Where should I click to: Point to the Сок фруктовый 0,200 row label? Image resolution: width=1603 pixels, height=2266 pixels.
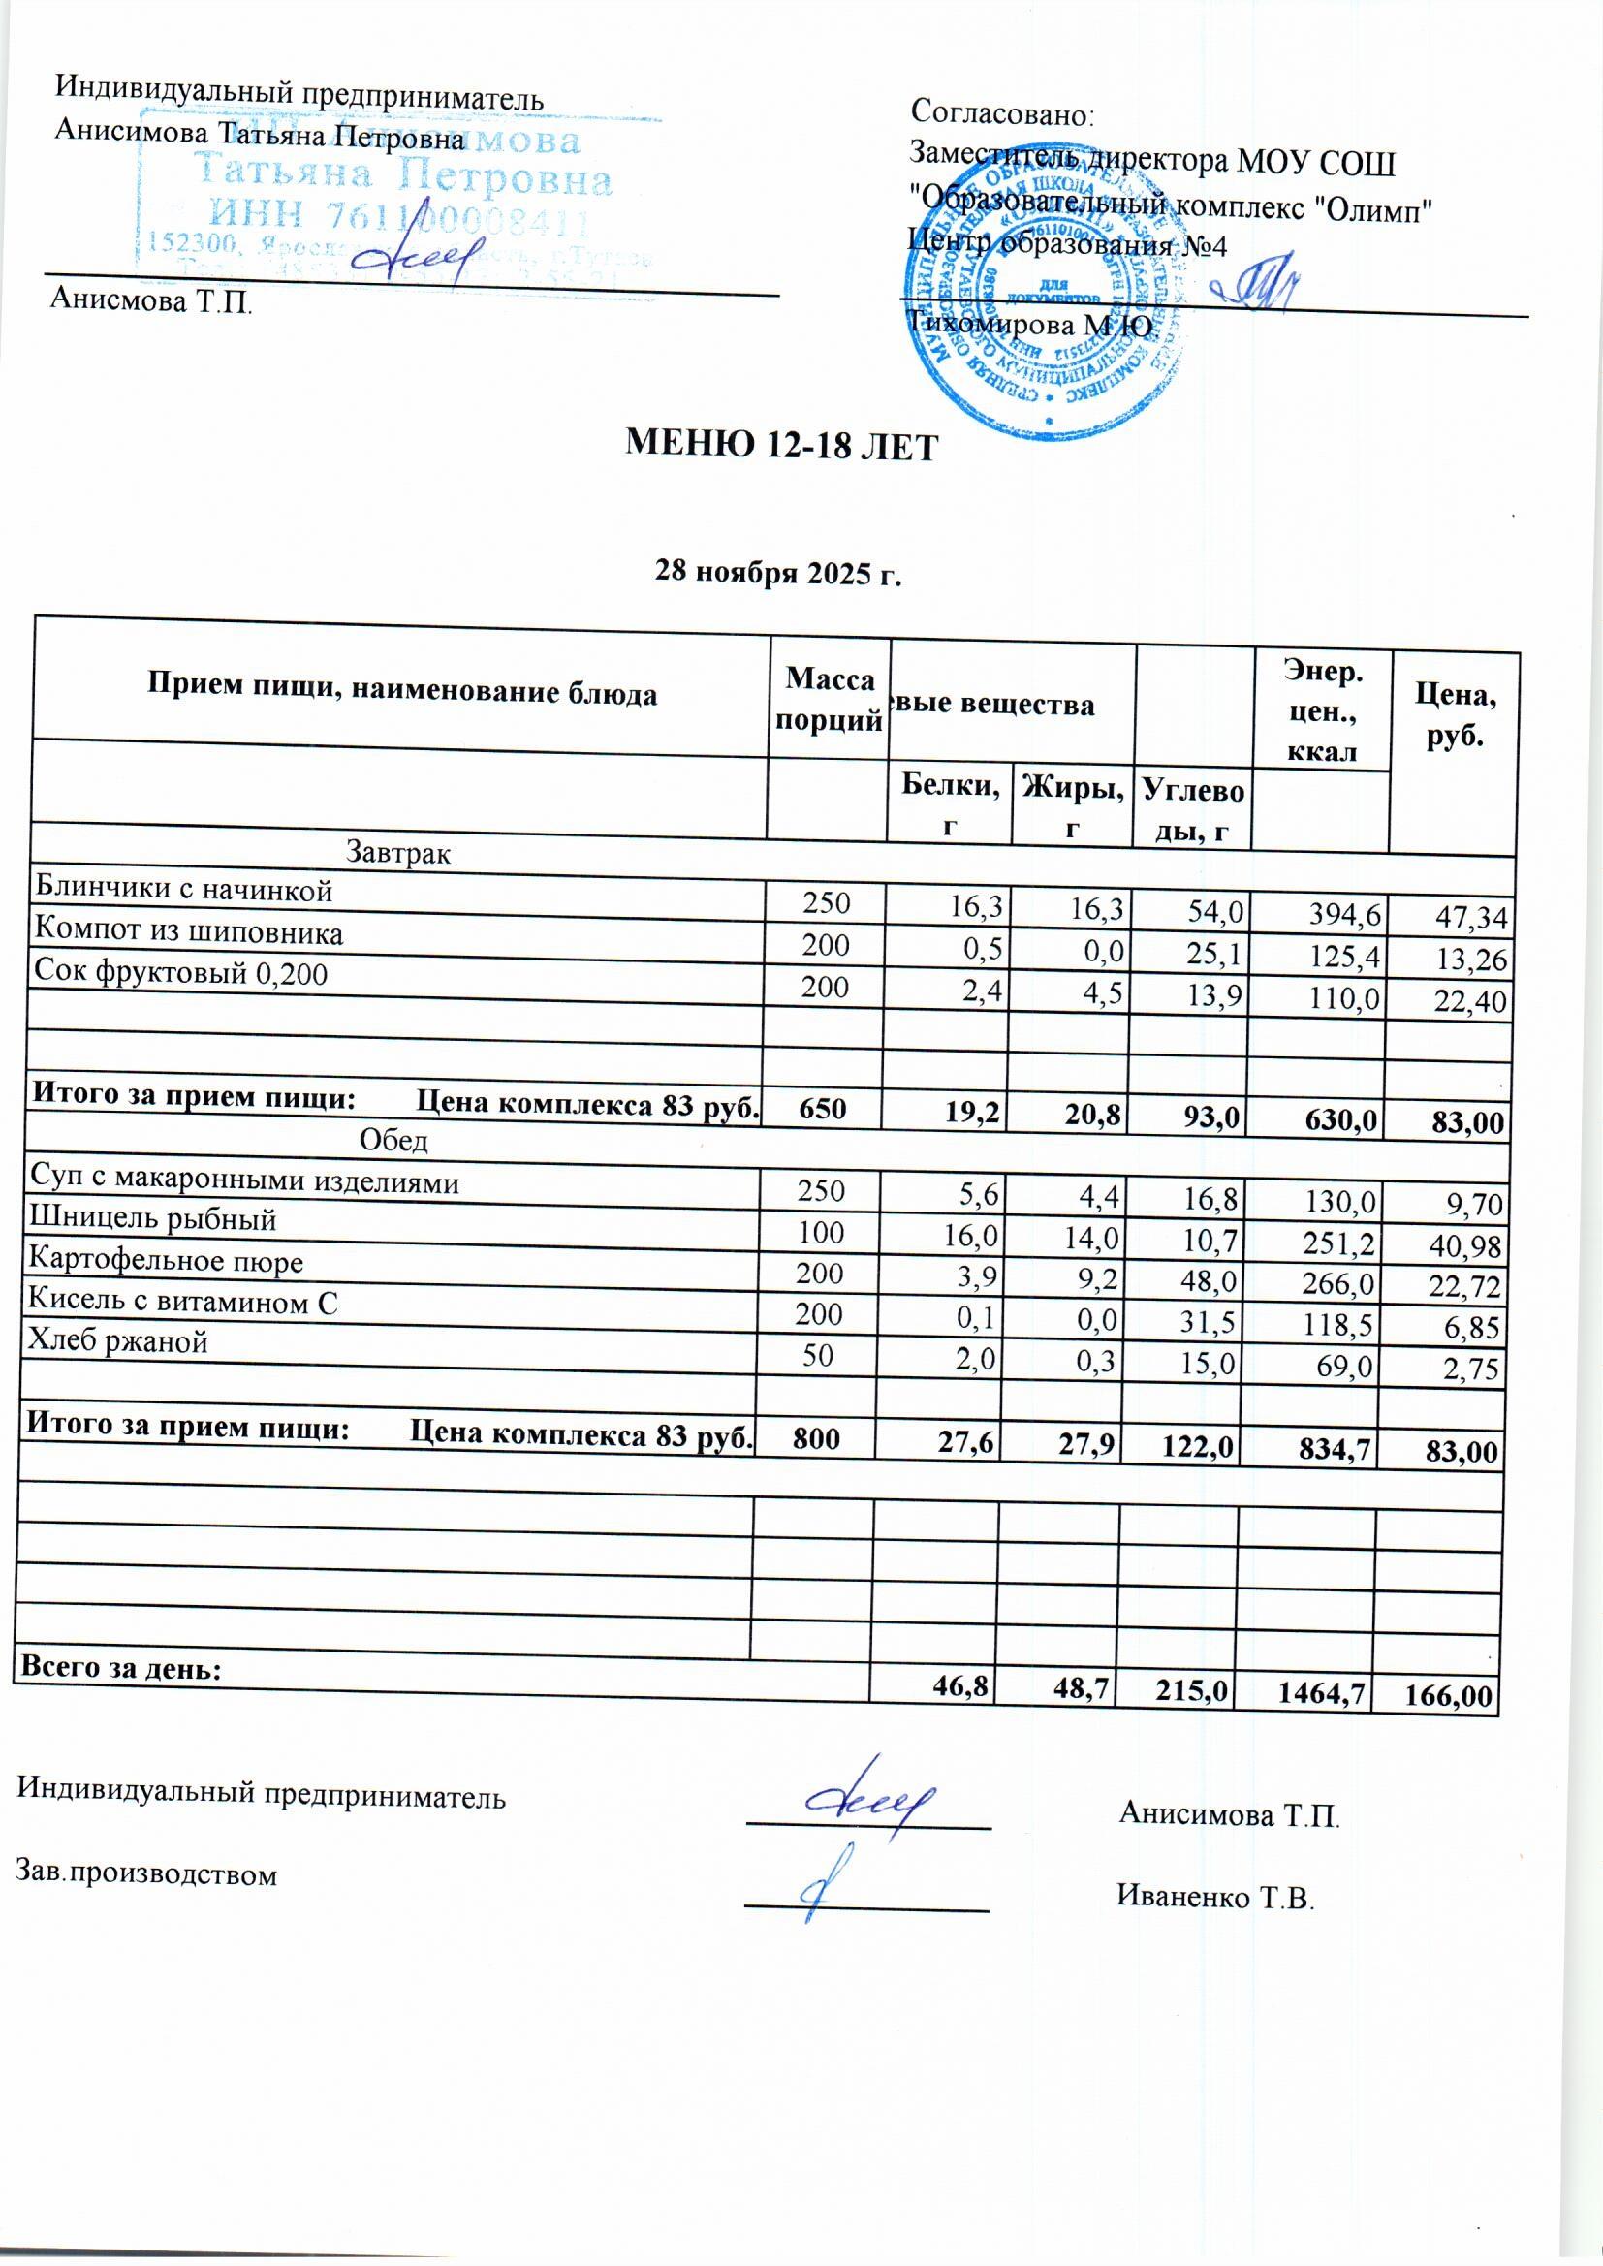[180, 975]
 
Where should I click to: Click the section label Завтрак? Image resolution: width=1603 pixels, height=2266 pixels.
[397, 853]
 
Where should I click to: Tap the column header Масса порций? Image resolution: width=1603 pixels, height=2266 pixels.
[830, 698]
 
